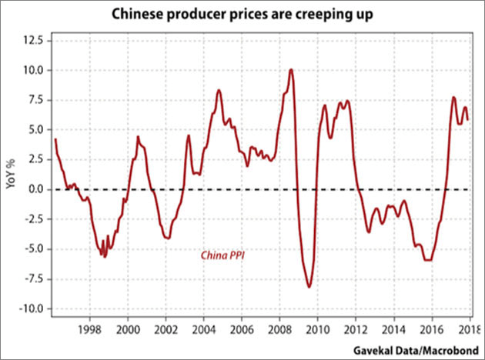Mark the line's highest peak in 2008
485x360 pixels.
[x=291, y=70]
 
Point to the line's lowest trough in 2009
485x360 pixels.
[x=309, y=287]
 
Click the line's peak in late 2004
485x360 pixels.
[x=219, y=90]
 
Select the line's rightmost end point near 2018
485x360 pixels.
[x=467, y=118]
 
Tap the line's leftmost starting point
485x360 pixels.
[x=55, y=139]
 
